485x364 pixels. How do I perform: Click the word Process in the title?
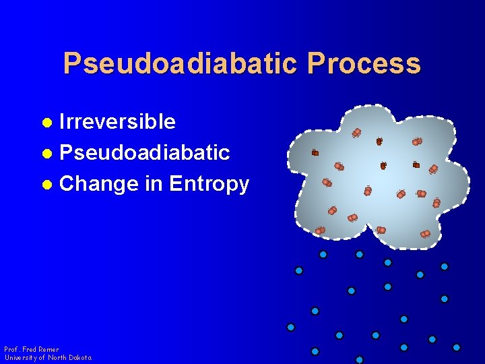[364, 64]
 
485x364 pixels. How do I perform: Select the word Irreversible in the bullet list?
[118, 122]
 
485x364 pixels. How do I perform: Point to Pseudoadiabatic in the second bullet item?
[145, 152]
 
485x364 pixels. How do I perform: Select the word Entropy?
[209, 183]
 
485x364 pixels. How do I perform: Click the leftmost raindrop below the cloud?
[291, 327]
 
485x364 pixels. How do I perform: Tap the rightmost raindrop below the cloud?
[457, 347]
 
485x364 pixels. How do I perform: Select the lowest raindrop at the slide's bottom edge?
[359, 360]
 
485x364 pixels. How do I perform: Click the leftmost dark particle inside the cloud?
[315, 153]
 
